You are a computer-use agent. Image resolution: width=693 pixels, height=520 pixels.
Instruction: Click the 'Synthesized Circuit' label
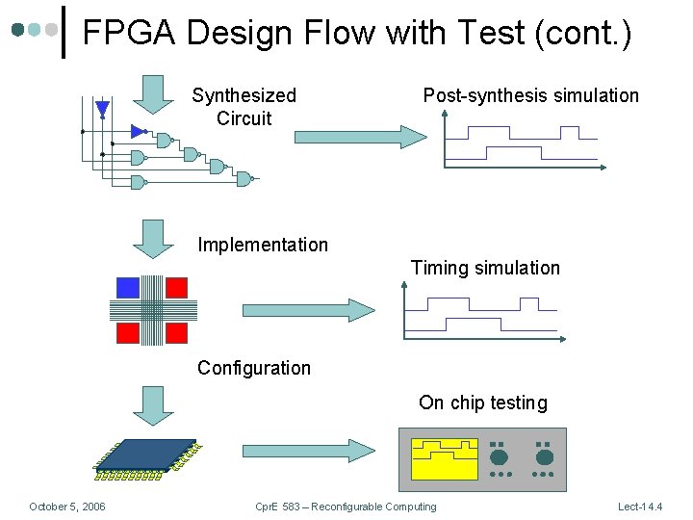point(244,107)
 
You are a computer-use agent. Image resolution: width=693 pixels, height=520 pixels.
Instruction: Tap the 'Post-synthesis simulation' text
point(530,95)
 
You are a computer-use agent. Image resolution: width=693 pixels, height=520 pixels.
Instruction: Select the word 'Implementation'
point(263,245)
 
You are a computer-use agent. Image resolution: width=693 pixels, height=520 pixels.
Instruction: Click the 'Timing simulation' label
point(485,268)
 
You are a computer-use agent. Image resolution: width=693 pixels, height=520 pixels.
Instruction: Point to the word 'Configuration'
point(254,367)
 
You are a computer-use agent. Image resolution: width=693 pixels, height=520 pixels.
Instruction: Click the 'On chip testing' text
point(482,403)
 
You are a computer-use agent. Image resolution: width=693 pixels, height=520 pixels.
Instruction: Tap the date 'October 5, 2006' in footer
point(67,507)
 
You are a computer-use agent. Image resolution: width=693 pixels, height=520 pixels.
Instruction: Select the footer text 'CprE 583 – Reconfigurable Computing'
point(346,507)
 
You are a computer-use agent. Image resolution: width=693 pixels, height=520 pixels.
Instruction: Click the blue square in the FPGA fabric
point(128,287)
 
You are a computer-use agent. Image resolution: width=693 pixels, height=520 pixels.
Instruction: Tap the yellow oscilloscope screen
point(444,458)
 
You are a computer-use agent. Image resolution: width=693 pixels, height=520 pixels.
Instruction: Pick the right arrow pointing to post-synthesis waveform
point(357,137)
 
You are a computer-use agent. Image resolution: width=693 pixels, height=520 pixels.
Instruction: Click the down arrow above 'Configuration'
point(152,238)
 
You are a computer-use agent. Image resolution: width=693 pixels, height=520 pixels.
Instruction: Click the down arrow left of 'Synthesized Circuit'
point(152,92)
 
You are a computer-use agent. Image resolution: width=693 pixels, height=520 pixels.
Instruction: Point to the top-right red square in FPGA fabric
point(176,287)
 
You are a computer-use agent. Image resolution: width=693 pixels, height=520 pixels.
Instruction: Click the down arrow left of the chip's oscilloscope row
point(152,405)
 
